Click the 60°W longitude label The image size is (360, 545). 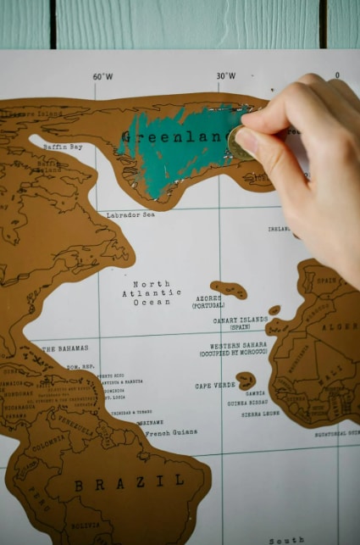point(102,76)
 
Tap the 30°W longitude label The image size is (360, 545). point(225,76)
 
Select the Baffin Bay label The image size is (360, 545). point(63,147)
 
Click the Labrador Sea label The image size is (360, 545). point(130,214)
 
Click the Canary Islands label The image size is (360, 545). point(240,323)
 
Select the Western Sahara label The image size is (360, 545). point(238,348)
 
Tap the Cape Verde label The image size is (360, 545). point(215,385)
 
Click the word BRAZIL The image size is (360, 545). point(129,483)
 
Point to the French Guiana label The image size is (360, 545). point(169,433)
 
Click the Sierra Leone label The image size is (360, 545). point(260,414)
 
